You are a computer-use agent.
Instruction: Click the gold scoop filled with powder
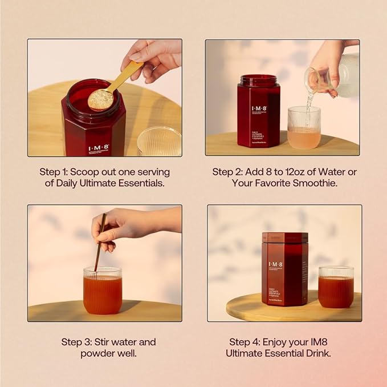(101, 98)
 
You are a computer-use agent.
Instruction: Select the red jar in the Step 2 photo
(258, 111)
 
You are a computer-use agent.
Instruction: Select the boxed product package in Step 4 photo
(284, 268)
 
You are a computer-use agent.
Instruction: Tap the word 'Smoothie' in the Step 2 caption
(313, 183)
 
